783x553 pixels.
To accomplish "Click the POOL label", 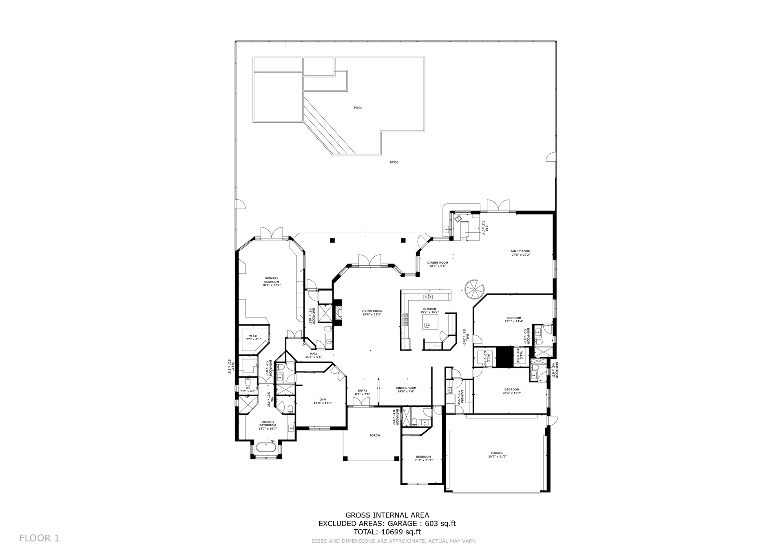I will (x=358, y=108).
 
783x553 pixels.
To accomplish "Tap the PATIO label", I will (x=394, y=162).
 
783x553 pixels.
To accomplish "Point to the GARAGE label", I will (x=497, y=453).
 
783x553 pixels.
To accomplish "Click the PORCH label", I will (x=374, y=435).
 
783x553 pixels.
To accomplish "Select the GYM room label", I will (x=323, y=399).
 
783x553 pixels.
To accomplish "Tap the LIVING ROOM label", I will (x=372, y=311).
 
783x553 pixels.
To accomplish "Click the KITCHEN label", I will (x=429, y=308).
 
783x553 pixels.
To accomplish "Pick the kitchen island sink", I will (x=427, y=325).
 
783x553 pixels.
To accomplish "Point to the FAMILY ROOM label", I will (x=520, y=251).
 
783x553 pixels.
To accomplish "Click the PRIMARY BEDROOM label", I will (x=272, y=280).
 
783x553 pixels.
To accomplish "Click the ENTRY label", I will (x=362, y=390).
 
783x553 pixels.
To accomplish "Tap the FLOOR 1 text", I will (x=39, y=538).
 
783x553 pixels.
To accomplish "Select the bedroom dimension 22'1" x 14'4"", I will (x=513, y=321).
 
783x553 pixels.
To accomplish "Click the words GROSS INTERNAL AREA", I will (x=387, y=515).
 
